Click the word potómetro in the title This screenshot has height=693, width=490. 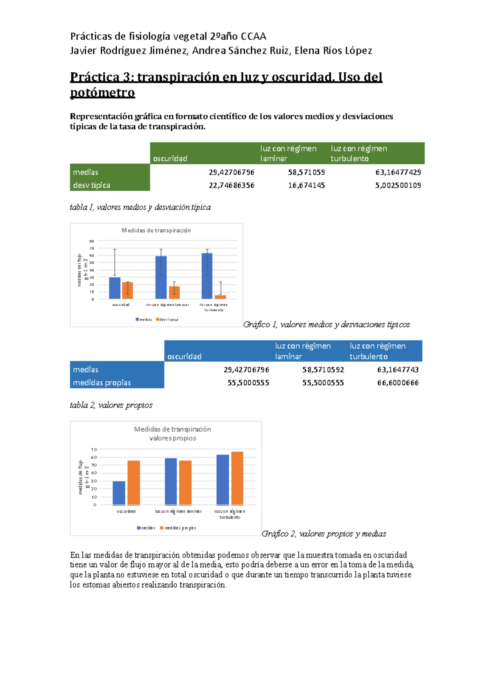102,93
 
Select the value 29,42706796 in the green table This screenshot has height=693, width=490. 231,172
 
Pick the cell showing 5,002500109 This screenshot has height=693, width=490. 398,185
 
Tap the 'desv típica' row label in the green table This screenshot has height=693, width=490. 91,185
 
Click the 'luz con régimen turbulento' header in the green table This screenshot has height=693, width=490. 359,153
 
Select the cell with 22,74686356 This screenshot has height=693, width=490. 231,185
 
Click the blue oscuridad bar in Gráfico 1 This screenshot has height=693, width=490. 115,288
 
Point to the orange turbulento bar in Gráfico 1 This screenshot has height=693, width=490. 220,297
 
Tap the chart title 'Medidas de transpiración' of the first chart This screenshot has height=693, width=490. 156,231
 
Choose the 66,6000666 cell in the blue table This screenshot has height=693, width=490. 398,383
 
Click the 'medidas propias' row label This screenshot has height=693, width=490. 102,383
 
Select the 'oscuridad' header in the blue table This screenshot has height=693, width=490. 184,356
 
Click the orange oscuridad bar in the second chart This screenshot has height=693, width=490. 134,483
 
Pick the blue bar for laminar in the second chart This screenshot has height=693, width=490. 171,482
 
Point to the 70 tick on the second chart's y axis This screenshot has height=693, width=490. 94,450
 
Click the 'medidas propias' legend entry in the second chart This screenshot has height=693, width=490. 180,528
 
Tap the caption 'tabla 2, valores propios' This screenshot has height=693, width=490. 111,405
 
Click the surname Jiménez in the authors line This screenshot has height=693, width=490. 168,51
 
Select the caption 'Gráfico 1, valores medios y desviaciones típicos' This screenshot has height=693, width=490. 326,324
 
